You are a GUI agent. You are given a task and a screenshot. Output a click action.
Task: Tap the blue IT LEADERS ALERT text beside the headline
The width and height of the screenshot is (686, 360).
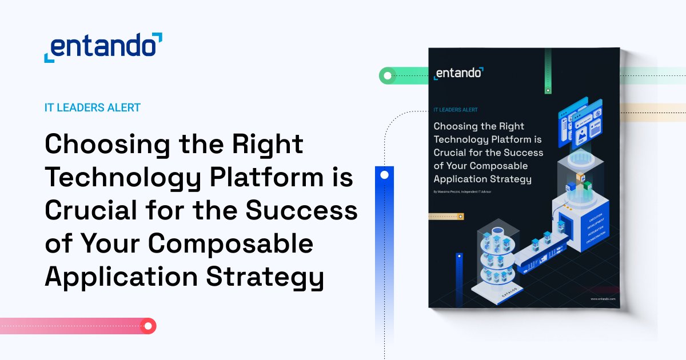pos(93,107)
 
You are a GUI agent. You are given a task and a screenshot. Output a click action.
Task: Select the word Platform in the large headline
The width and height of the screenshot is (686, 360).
pos(264,179)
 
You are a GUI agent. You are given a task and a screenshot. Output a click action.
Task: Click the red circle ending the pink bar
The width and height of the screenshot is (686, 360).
pos(149,326)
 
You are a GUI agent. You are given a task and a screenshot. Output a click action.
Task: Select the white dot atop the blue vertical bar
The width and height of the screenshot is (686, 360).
pos(384,175)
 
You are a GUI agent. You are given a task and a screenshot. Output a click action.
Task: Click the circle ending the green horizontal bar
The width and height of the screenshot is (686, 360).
pos(388,75)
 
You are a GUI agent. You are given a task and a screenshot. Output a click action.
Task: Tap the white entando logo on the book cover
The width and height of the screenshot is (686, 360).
pos(458,73)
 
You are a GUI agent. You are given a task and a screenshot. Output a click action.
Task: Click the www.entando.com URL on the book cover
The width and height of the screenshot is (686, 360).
pos(603,298)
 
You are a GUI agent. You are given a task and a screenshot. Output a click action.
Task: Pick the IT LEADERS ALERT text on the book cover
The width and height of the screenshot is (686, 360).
pos(456,109)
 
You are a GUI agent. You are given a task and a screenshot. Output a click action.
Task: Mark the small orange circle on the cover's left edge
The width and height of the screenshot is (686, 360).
pos(461,217)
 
